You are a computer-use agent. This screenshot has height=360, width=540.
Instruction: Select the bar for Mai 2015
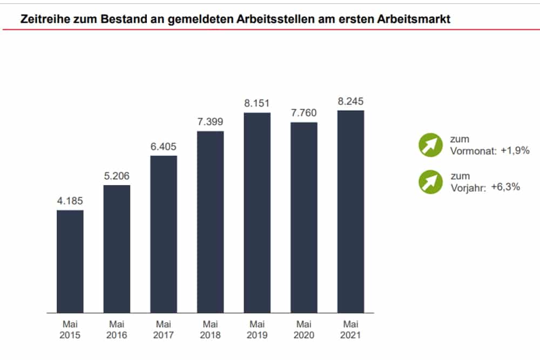click(x=70, y=261)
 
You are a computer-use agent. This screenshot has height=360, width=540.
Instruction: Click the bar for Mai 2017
click(x=164, y=234)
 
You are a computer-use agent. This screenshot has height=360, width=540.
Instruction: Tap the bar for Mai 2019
click(x=257, y=213)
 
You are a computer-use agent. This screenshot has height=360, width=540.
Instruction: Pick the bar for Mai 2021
click(x=350, y=212)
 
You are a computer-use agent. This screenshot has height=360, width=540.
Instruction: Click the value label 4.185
click(x=70, y=201)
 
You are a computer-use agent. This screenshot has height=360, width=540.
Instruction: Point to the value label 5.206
click(x=117, y=176)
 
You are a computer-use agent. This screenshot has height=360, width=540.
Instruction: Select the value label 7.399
click(x=210, y=122)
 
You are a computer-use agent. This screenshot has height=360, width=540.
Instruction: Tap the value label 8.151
click(x=257, y=104)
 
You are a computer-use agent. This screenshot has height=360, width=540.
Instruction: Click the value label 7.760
click(x=303, y=113)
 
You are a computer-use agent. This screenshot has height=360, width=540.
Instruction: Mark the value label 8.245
click(x=350, y=101)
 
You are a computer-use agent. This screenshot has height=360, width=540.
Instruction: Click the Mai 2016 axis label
click(x=117, y=330)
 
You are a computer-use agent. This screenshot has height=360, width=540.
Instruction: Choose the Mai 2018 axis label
click(x=210, y=330)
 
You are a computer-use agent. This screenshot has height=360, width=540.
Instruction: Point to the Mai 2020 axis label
click(x=303, y=330)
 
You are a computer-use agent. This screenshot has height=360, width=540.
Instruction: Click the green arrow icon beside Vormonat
click(x=430, y=145)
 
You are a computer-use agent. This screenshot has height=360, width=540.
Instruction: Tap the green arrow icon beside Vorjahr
click(x=430, y=181)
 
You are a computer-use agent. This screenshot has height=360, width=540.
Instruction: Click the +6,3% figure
click(x=505, y=187)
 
